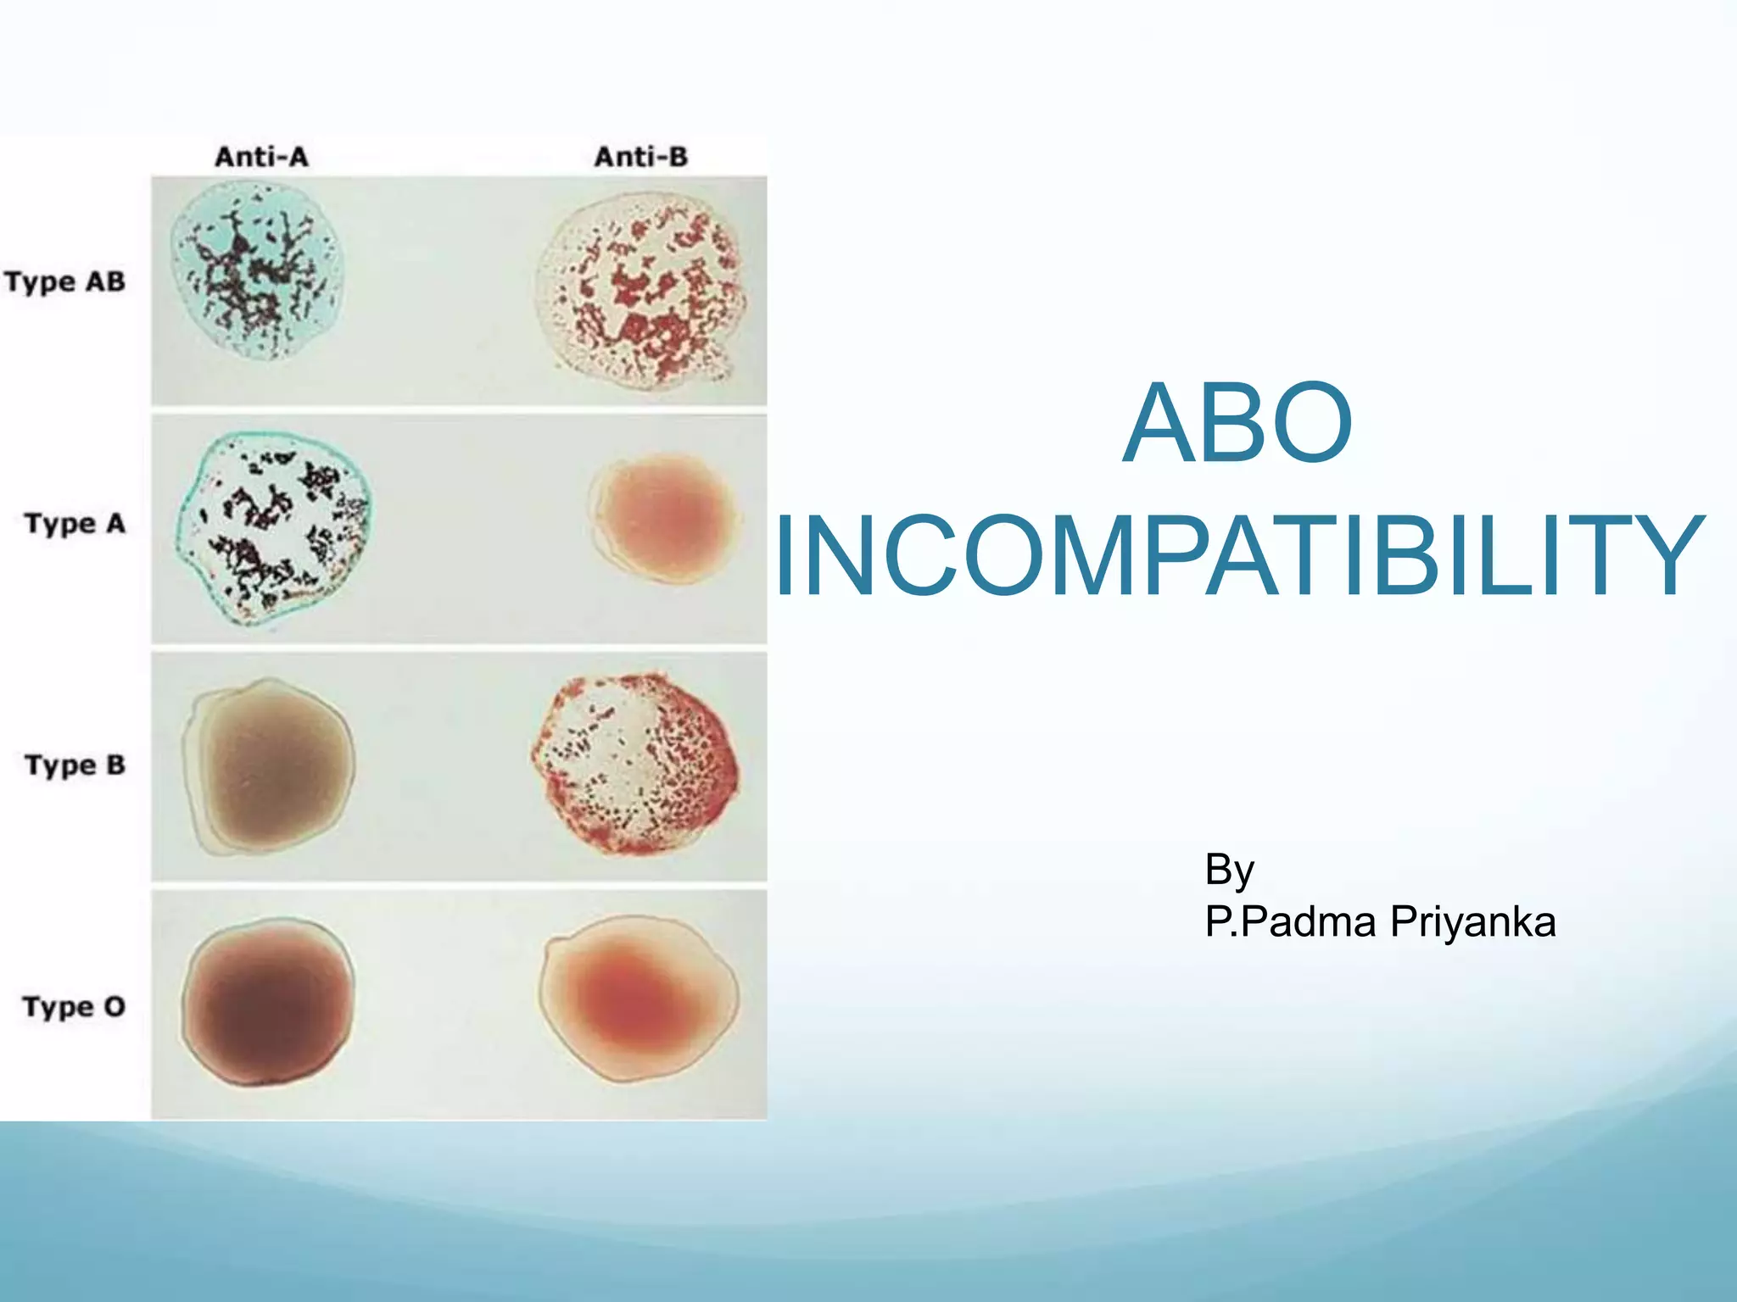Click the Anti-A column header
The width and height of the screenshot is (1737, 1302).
[x=261, y=157]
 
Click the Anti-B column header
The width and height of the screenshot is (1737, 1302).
[x=640, y=157]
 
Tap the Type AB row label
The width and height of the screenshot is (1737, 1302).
[x=65, y=281]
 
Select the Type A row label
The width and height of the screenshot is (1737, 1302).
[x=75, y=523]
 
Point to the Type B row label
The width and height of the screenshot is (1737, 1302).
[x=75, y=765]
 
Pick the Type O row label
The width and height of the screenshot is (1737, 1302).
[x=74, y=1006]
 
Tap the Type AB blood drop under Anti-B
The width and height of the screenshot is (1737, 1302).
[x=642, y=288]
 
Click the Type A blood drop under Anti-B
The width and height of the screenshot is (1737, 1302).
[x=664, y=517]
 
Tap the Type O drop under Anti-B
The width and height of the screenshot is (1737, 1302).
[x=638, y=999]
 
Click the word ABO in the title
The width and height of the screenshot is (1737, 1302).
[x=1237, y=424]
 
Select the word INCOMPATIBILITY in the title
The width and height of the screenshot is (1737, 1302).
[x=1239, y=556]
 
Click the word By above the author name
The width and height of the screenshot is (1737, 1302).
[x=1229, y=870]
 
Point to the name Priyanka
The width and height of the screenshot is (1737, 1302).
[x=1472, y=922]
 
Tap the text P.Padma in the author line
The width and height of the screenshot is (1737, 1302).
[x=1290, y=922]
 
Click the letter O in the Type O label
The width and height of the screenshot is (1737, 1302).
[x=114, y=1006]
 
